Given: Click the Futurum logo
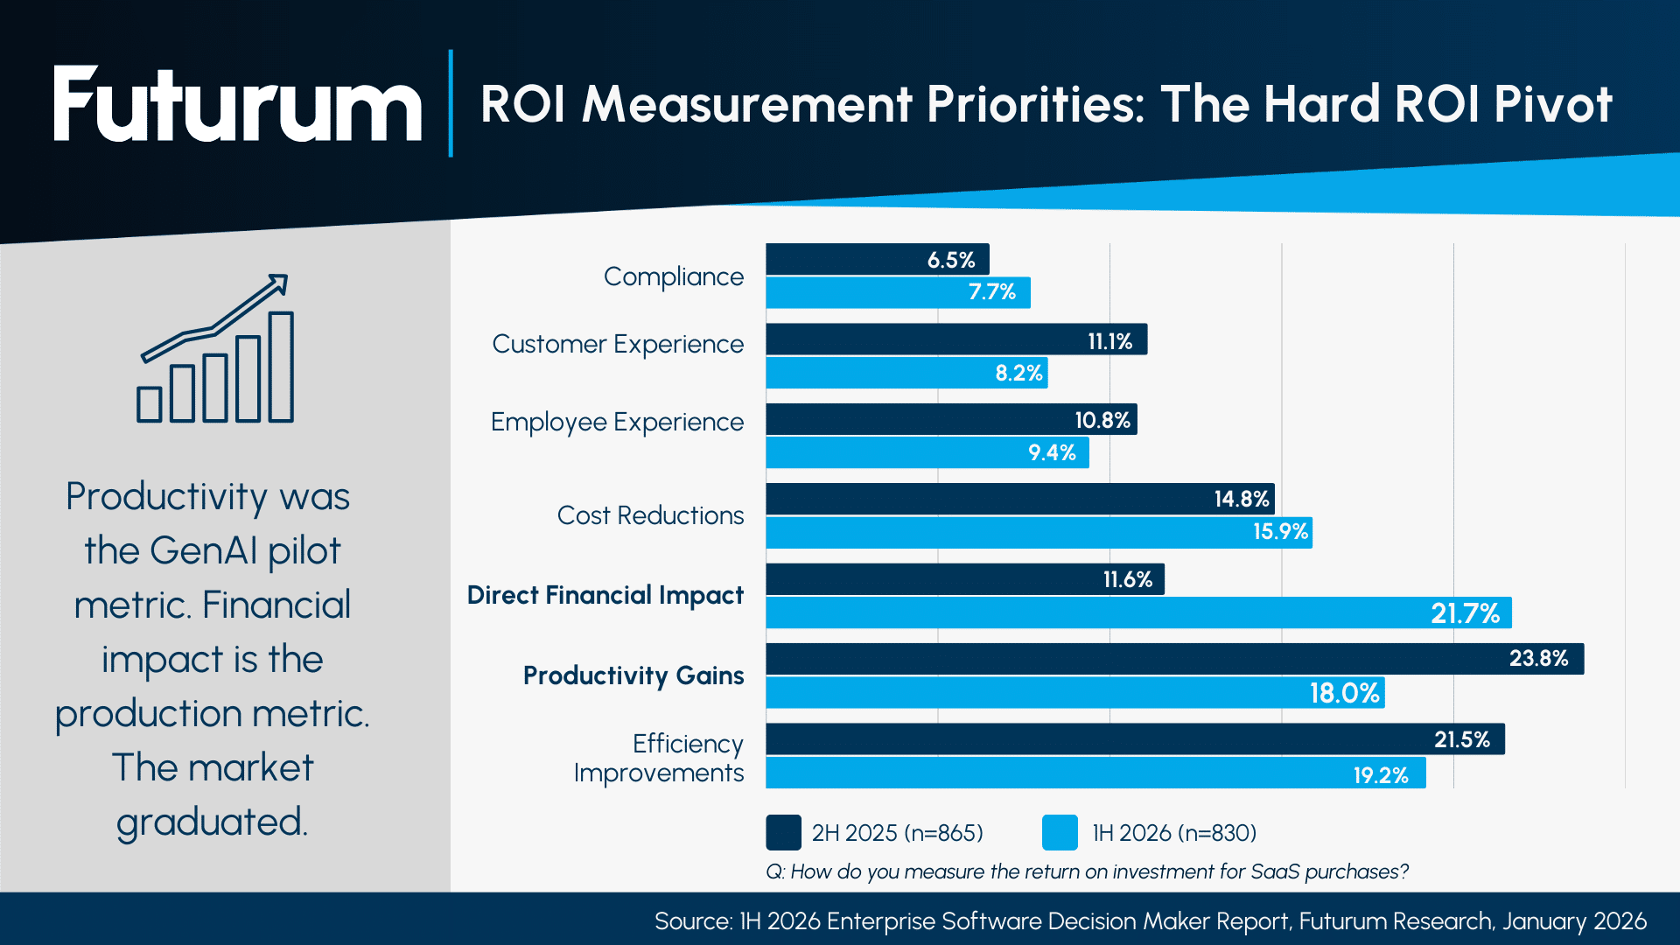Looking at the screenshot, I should [236, 105].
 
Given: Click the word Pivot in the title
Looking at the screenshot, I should [1552, 105].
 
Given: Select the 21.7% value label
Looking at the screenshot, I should [1465, 613].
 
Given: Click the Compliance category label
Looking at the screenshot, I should [673, 276].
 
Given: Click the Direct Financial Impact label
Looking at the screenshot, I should [605, 595].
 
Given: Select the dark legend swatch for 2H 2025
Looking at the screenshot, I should [783, 832].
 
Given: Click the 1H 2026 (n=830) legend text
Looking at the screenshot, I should [1173, 833].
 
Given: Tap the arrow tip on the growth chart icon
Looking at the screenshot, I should [281, 282].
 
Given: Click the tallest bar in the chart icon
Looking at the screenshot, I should [281, 367].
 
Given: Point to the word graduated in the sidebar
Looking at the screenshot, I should [211, 822].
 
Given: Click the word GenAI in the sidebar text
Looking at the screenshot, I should [203, 551].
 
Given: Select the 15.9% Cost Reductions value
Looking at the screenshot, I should [1279, 532].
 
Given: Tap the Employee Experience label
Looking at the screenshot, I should [616, 422].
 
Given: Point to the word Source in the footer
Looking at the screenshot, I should [692, 921].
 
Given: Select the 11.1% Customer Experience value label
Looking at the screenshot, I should [1109, 341].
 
